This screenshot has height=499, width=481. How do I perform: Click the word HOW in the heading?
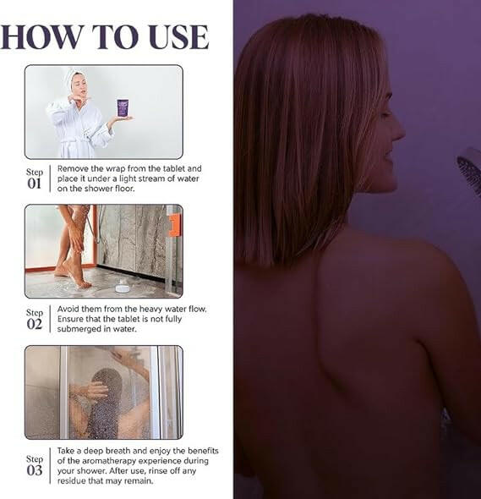[x=41, y=37]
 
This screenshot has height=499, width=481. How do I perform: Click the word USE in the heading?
[x=178, y=37]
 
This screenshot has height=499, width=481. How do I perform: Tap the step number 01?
[x=34, y=184]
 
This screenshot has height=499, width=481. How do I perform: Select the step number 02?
[x=35, y=324]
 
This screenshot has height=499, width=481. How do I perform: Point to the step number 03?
[x=35, y=470]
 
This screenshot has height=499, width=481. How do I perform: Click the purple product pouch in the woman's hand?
[x=123, y=108]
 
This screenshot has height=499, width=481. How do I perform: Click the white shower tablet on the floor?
[x=123, y=287]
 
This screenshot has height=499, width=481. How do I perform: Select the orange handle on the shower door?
[x=174, y=225]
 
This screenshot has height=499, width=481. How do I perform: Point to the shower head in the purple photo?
[x=470, y=173]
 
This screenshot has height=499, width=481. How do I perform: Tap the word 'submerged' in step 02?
[x=76, y=329]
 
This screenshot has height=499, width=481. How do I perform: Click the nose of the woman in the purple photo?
[x=398, y=129]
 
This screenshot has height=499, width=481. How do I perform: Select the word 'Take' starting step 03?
[x=66, y=451]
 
